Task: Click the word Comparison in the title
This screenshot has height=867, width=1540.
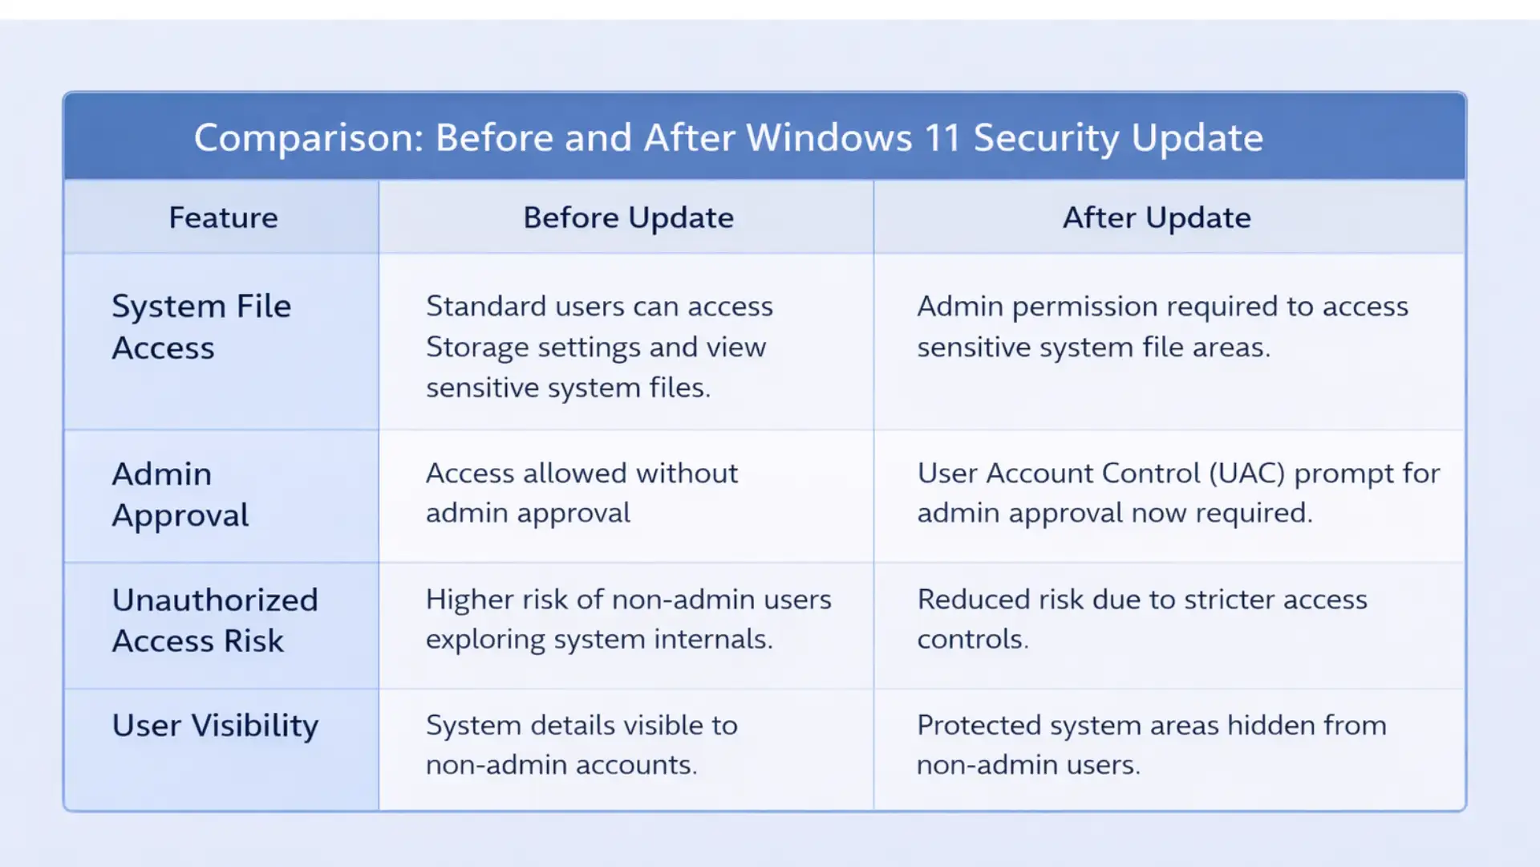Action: tap(308, 138)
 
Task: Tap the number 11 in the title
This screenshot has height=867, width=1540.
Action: tap(942, 138)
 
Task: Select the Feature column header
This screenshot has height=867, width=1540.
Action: tap(223, 218)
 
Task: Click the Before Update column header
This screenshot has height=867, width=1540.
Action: tap(628, 218)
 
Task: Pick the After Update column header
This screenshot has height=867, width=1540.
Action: tap(1156, 218)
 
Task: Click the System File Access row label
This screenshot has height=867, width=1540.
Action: tap(201, 327)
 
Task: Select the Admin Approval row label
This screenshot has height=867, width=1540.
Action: tap(180, 495)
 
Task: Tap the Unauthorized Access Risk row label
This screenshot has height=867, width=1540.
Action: tap(215, 621)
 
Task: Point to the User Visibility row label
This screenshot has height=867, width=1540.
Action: tap(215, 726)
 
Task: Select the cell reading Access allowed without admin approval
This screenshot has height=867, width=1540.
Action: tap(582, 493)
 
